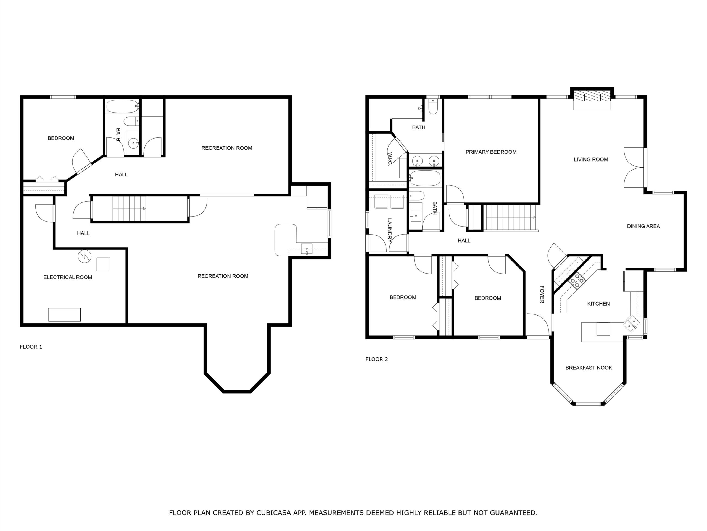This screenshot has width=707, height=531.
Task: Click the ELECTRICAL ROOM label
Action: point(68,277)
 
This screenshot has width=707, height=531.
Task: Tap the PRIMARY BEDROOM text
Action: point(491,152)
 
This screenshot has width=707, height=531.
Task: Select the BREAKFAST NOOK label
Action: point(589,368)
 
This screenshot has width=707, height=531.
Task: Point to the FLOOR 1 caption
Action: point(31,347)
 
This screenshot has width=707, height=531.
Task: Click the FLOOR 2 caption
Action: point(377,359)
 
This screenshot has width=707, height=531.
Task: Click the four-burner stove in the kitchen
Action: point(577,281)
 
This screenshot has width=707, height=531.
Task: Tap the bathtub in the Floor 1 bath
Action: point(122,106)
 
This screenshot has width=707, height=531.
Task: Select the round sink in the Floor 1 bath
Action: point(133,143)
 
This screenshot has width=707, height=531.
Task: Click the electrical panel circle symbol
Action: point(85,256)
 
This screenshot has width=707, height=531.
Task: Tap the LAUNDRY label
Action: point(390,230)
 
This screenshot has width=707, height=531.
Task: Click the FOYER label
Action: point(542,294)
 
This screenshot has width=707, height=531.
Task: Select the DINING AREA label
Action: point(643,226)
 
